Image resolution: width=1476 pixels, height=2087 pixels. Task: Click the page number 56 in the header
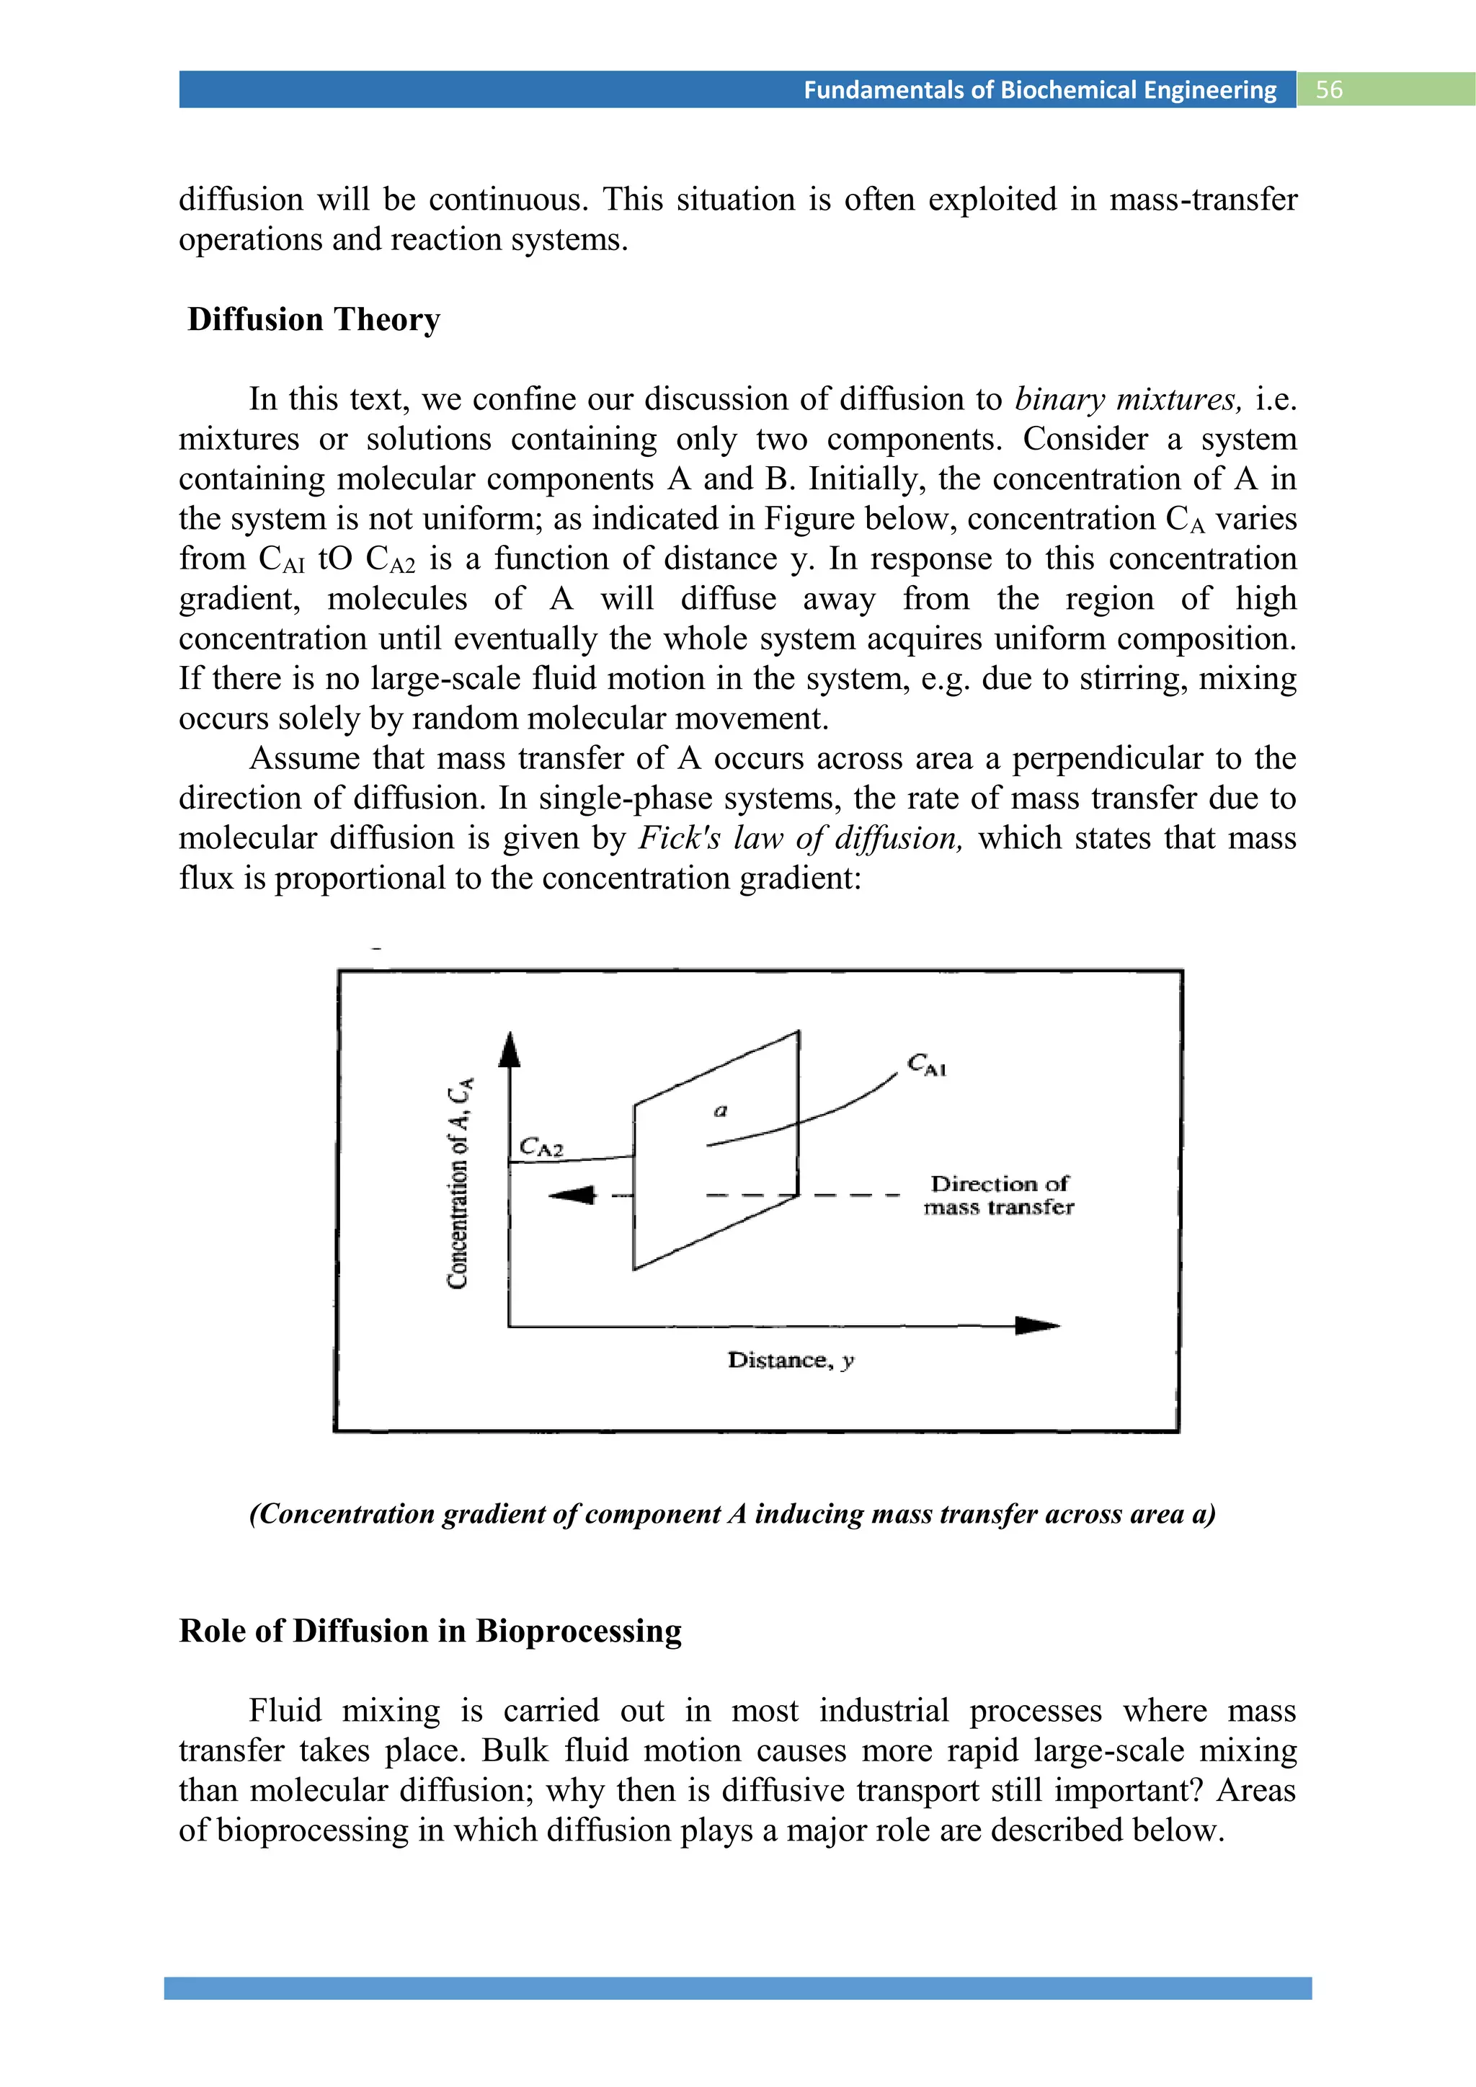point(1329,89)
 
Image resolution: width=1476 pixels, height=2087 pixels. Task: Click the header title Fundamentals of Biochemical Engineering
point(1040,89)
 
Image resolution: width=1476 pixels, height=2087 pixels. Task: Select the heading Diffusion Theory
point(314,320)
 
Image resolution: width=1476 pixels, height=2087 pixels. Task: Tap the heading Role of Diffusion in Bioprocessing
point(430,1631)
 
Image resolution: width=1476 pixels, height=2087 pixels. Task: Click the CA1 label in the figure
point(926,1064)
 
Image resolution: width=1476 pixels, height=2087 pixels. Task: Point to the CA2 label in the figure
point(541,1147)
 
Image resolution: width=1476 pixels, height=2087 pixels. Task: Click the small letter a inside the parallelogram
point(721,1110)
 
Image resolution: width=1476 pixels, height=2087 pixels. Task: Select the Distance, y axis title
point(790,1360)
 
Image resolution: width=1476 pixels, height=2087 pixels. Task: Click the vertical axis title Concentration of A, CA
point(460,1182)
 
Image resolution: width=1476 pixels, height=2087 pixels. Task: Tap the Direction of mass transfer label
point(999,1194)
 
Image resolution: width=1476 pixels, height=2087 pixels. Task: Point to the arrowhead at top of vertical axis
point(510,1050)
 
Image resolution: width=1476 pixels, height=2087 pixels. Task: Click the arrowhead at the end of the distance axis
point(1037,1325)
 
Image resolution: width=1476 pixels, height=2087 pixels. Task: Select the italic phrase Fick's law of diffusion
point(800,838)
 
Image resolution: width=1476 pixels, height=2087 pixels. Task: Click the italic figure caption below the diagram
point(732,1514)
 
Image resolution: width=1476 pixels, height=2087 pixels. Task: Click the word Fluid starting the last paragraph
point(285,1711)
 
